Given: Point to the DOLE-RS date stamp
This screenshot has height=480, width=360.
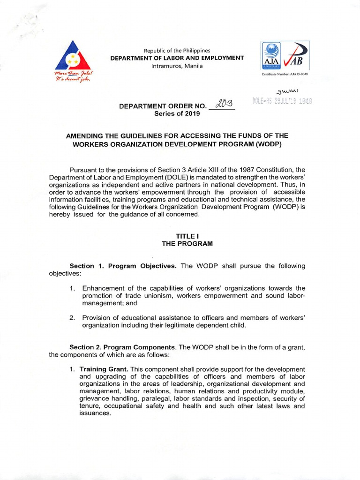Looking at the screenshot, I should tap(282, 101).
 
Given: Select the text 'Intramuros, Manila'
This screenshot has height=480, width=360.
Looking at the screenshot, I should tap(177, 66).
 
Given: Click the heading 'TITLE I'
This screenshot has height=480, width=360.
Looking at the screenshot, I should tap(187, 236).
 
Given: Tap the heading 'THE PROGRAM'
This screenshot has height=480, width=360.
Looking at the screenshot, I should tap(187, 244).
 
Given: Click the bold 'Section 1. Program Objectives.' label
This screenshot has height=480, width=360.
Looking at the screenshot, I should tap(123, 266).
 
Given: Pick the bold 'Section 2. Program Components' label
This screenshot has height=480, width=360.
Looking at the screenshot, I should tap(122, 347).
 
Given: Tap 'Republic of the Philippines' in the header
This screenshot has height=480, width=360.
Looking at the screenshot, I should tap(177, 50).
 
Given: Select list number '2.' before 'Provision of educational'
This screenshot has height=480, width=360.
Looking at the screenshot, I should tap(73, 318).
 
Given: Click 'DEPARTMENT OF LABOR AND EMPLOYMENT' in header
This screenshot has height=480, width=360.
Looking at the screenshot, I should tap(177, 58).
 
